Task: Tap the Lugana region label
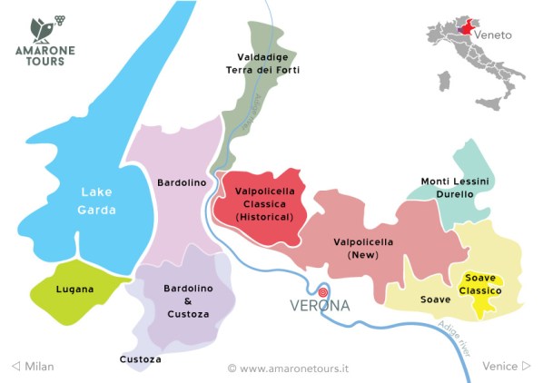point(75,290)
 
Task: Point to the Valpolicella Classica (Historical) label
point(263,204)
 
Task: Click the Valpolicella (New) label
point(363,249)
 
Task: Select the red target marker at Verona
point(322,292)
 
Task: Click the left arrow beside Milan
point(15,366)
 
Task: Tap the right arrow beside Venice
point(527,366)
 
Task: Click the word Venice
point(500,366)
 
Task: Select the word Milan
point(39,366)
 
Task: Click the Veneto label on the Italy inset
point(494,34)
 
